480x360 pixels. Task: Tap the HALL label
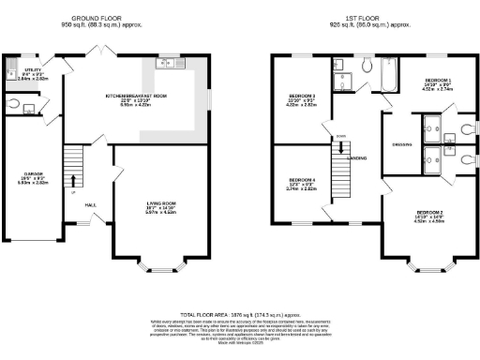click(90, 204)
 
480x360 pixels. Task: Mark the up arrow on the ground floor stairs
click(72, 193)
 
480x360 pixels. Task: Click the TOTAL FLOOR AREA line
click(238, 315)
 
